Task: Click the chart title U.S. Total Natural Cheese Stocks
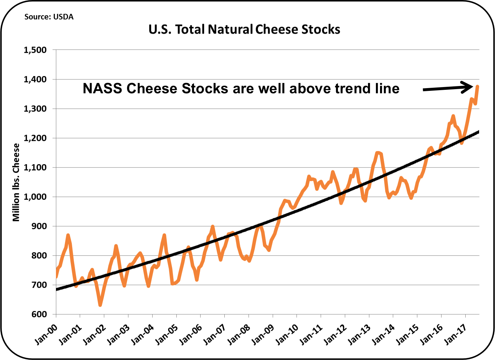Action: pyautogui.click(x=244, y=29)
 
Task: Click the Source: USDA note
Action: pyautogui.click(x=49, y=17)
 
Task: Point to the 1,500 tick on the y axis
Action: pyautogui.click(x=35, y=50)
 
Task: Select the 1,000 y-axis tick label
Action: pyautogui.click(x=35, y=197)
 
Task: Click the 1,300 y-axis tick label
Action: pyautogui.click(x=35, y=109)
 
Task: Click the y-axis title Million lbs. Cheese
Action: pyautogui.click(x=16, y=182)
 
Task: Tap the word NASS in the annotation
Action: pyautogui.click(x=102, y=88)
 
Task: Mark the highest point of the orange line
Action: pyautogui.click(x=478, y=86)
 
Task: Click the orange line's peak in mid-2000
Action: pyautogui.click(x=68, y=235)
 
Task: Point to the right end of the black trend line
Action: pyautogui.click(x=478, y=132)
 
